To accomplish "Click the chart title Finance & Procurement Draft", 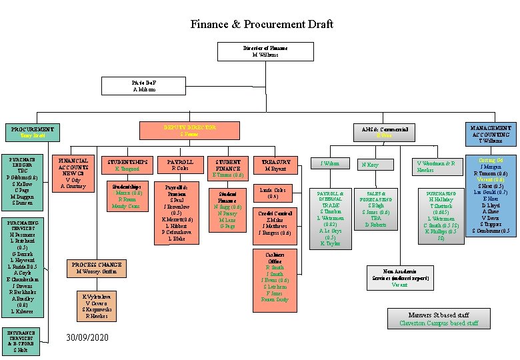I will click(261, 25).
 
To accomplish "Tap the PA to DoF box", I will click(143, 85).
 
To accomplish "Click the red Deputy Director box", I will click(180, 131).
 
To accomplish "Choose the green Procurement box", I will click(33, 132).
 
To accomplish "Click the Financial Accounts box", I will click(73, 173).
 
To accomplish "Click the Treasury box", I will click(275, 165).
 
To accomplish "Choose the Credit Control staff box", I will click(275, 223).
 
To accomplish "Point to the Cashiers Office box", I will click(275, 280).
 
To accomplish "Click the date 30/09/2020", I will click(87, 338).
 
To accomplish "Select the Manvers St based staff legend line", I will click(438, 315).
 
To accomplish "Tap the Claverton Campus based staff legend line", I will click(438, 323).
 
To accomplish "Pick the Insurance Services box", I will click(23, 341).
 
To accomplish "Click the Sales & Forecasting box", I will click(375, 209).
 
